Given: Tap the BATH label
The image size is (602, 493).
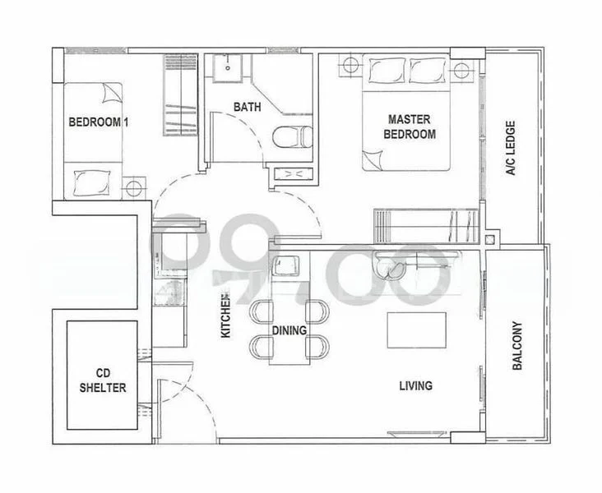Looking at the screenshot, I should coord(247,107).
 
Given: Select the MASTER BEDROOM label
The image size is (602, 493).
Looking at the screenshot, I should coord(411,127).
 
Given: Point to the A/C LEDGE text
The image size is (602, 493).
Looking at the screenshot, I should coord(510,150).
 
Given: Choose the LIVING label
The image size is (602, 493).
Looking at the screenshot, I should coord(416,385).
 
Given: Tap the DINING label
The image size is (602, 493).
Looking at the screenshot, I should coord(289,331).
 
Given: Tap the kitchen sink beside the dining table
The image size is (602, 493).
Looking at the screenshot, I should coord(285,266).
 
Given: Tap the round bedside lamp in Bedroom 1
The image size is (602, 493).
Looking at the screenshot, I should coord(132,188).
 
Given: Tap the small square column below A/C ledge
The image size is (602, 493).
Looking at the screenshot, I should coord(490,241).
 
